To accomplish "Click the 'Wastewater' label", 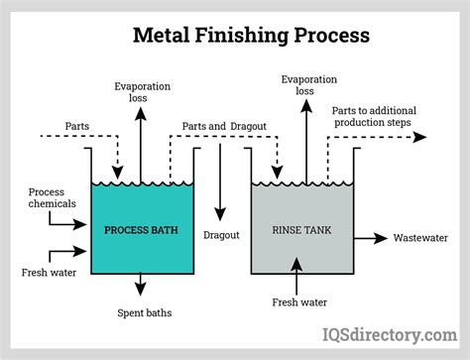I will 424,238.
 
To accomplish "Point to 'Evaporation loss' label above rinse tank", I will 301,85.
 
